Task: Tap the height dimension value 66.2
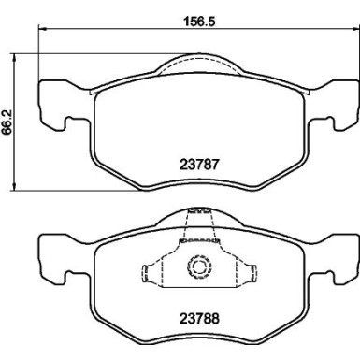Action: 7,122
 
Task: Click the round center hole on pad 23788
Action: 197,269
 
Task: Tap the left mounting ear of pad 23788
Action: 51,257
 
